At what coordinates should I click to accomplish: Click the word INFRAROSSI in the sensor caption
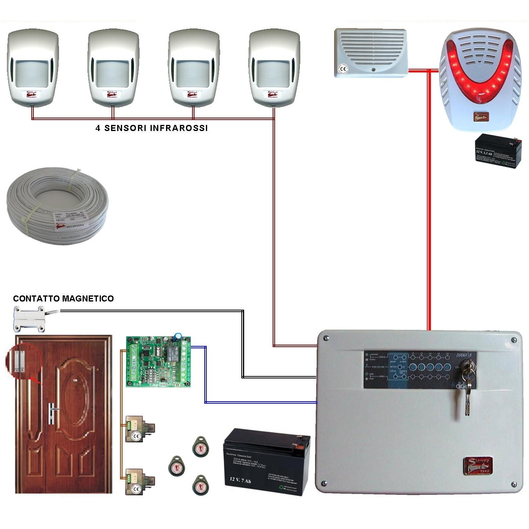(179, 128)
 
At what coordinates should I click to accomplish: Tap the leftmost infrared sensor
(32, 67)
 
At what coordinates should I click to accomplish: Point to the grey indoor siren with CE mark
(371, 52)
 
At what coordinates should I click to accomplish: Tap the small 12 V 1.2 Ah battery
(498, 151)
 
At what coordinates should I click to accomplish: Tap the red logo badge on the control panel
(478, 465)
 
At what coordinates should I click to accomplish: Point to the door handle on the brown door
(52, 411)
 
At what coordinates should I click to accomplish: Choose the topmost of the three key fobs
(200, 446)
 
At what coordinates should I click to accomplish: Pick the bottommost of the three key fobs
(200, 485)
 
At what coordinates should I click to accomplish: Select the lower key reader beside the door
(140, 481)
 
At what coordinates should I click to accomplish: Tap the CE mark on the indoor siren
(343, 69)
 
